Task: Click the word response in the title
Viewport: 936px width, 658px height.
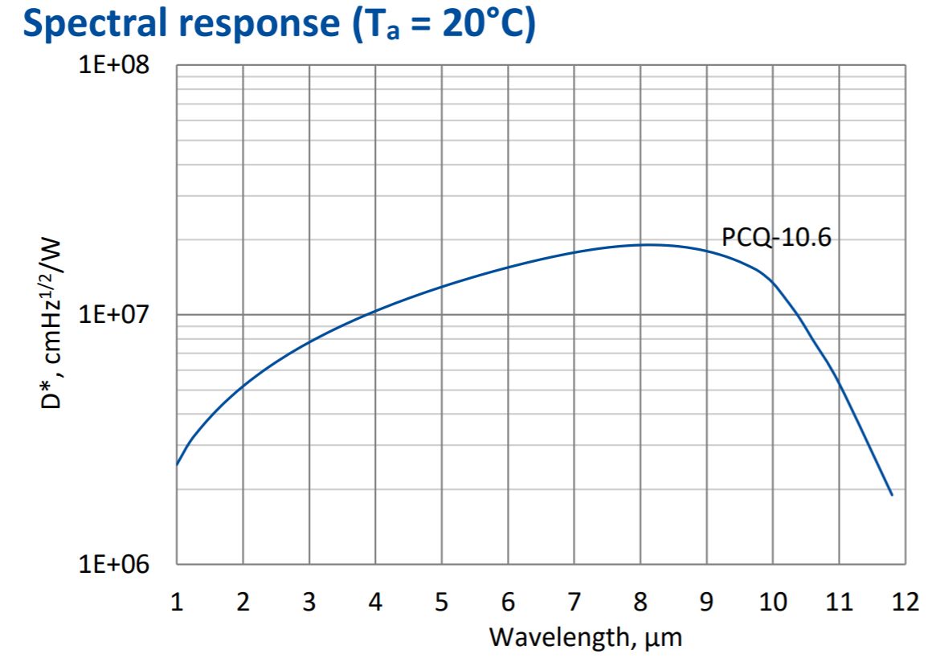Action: click(264, 25)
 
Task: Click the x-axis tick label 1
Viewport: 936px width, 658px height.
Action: click(177, 603)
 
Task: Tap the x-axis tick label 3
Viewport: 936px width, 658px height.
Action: click(309, 603)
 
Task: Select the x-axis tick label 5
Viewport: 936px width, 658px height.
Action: click(441, 603)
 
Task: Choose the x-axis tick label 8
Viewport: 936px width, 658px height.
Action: click(640, 603)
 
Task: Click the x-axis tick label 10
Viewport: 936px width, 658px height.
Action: click(773, 603)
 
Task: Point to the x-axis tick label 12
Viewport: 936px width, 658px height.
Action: click(905, 603)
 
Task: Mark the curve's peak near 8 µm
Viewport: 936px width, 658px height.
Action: click(647, 245)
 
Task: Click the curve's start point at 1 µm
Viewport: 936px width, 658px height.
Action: click(178, 464)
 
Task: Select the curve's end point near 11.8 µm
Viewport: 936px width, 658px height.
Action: click(892, 495)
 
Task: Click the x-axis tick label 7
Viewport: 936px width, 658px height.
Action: click(574, 603)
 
